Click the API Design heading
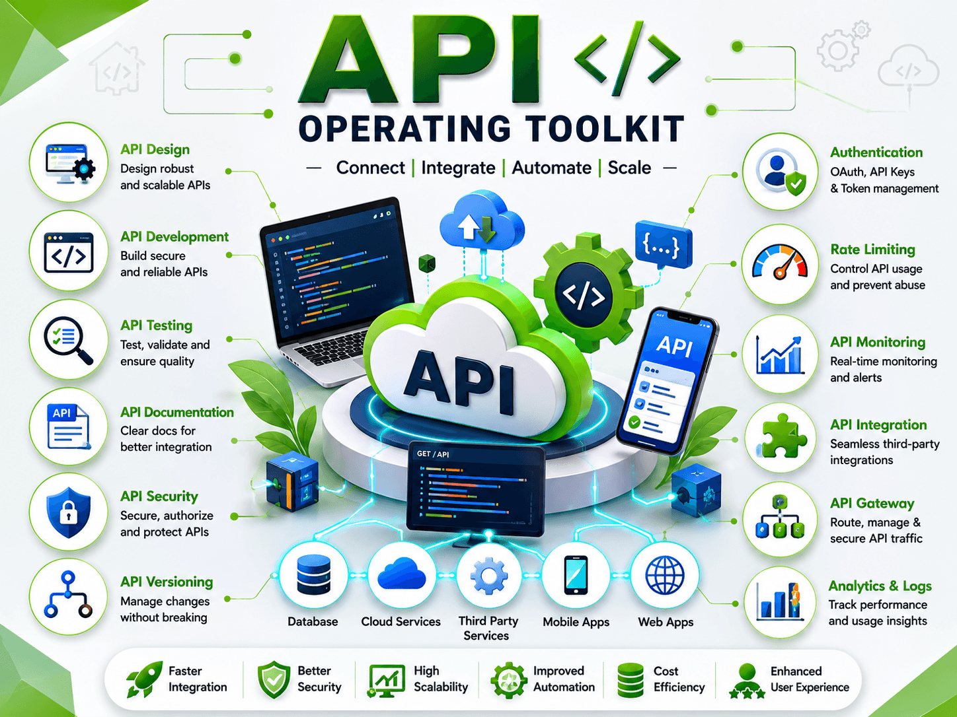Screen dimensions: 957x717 pos(155,149)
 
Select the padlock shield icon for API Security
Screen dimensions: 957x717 pos(69,512)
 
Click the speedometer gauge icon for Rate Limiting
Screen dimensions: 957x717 pos(780,262)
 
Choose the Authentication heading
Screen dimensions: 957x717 pos(876,153)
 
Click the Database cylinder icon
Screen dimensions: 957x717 pos(313,574)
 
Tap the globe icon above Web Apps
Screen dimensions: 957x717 pos(665,575)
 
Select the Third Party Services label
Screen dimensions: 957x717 pos(488,628)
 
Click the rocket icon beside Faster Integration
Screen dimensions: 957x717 pos(143,678)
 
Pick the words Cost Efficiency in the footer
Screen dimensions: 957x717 pos(679,679)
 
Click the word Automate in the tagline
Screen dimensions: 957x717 pos(551,168)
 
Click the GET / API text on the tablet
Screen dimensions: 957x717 pos(432,454)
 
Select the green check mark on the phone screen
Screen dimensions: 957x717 pos(634,421)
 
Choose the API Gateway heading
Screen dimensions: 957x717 pos(872,503)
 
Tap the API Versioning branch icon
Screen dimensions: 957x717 pos(68,595)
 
